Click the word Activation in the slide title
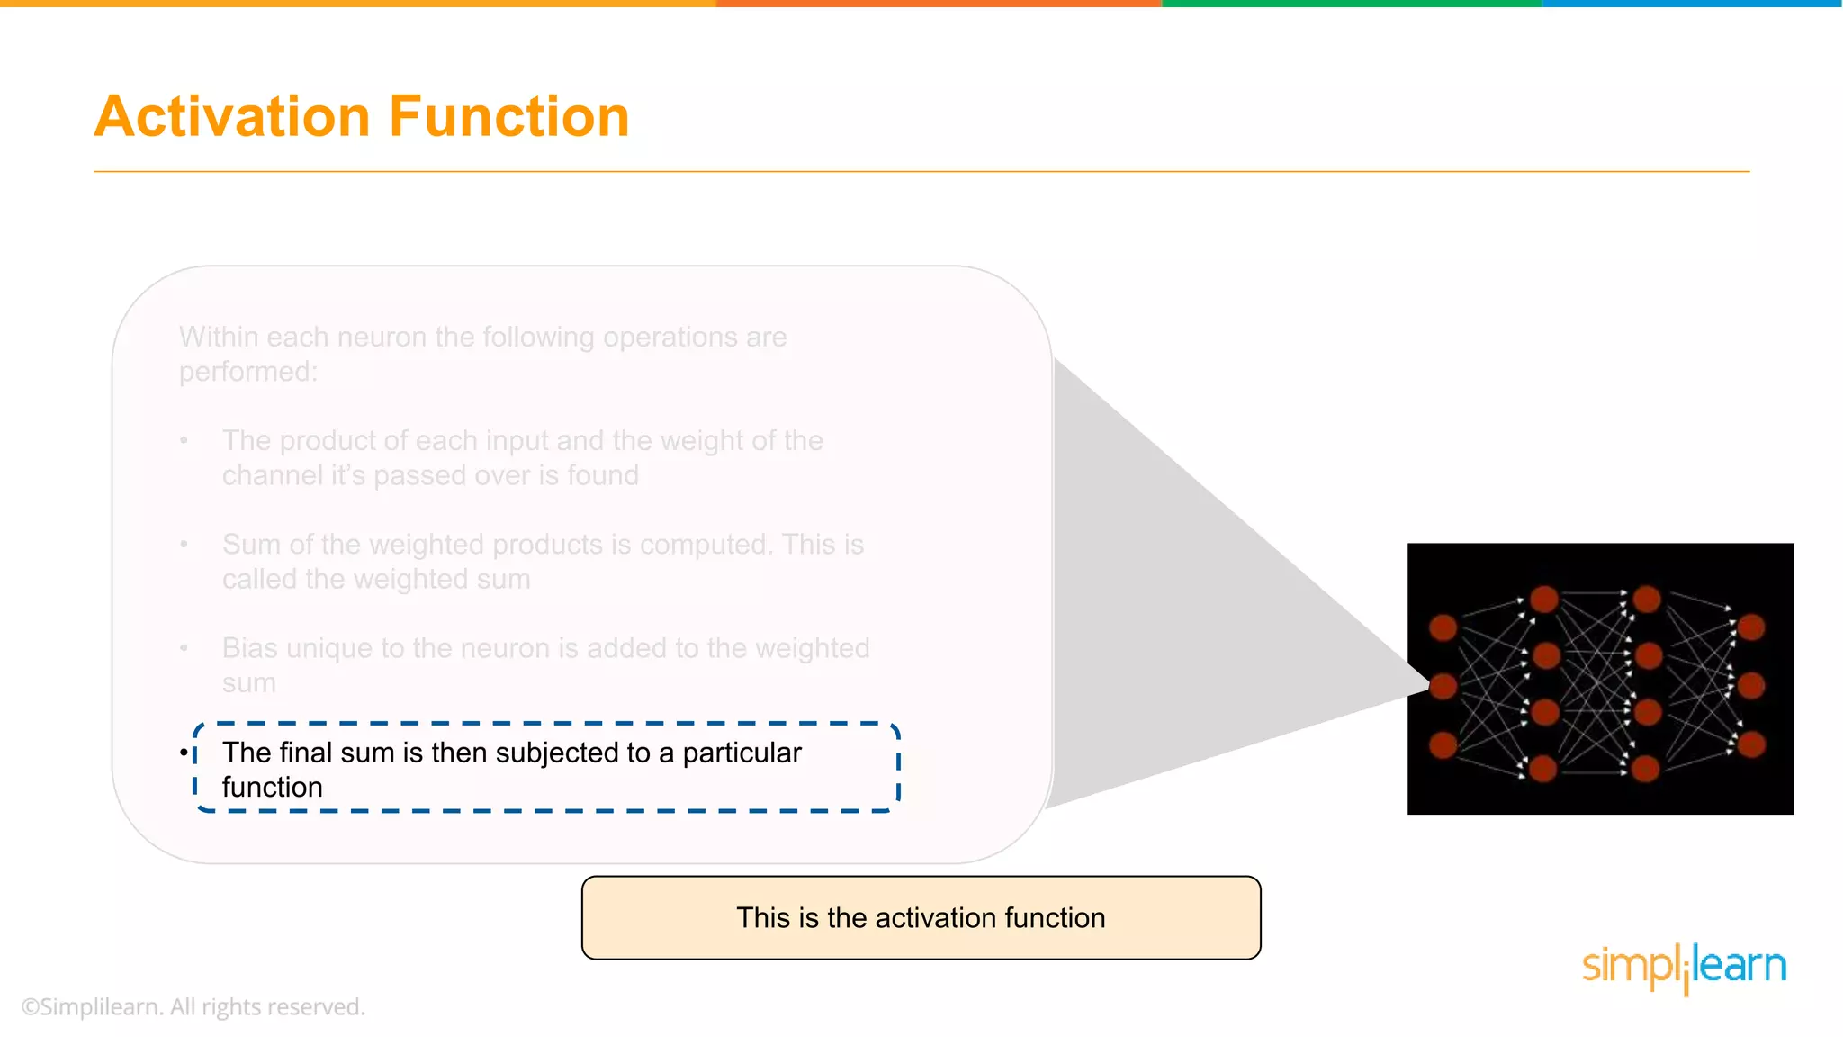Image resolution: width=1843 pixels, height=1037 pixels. click(x=232, y=117)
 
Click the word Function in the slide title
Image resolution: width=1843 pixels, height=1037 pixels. click(x=508, y=117)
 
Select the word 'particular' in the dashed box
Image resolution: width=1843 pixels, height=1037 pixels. click(x=742, y=753)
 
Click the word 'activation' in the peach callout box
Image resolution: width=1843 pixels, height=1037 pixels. click(x=936, y=918)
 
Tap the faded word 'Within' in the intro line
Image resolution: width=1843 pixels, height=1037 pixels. click(x=219, y=338)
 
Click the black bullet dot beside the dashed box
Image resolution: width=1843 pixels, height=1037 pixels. click(x=184, y=753)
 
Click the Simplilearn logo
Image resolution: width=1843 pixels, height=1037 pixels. click(x=1684, y=967)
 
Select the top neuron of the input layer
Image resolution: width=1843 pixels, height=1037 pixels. click(x=1443, y=627)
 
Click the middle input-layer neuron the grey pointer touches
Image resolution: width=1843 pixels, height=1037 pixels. click(x=1443, y=686)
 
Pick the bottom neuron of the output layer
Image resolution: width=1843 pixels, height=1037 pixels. click(x=1751, y=744)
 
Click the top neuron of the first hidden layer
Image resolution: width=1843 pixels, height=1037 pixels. click(x=1544, y=599)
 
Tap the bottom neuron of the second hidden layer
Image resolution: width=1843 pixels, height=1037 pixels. click(x=1646, y=769)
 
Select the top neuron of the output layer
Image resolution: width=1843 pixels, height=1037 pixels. click(x=1751, y=627)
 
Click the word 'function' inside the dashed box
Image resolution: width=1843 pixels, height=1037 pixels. click(x=272, y=788)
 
